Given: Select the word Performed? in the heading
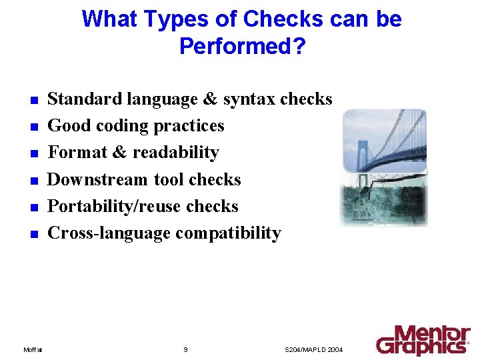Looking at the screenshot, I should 241,46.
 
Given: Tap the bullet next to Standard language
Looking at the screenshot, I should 32,101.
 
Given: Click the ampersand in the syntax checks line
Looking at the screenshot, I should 210,99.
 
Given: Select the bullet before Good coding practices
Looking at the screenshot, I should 32,127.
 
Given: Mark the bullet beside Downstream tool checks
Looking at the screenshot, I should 32,181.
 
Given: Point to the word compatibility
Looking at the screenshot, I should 228,233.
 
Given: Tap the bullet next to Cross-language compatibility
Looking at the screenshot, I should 32,235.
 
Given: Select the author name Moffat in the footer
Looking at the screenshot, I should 33,349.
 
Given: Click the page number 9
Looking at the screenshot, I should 185,349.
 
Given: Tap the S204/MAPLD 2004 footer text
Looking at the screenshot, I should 313,349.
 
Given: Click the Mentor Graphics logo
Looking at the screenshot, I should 423,340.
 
